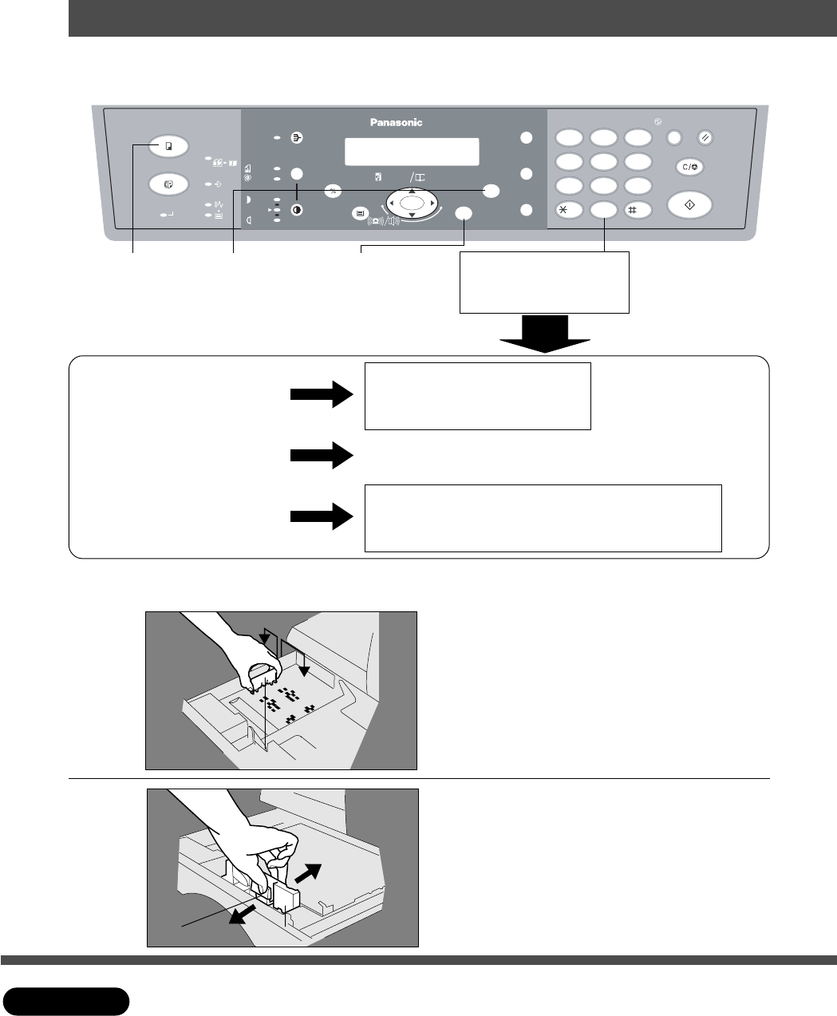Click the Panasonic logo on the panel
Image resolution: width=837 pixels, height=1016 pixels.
396,122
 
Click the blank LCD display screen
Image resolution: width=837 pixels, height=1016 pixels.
412,151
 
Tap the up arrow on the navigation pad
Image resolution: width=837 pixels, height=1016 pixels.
412,192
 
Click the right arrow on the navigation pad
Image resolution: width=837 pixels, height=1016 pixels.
432,204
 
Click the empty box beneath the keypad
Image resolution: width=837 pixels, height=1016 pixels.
544,283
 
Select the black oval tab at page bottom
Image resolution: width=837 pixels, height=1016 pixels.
66,1002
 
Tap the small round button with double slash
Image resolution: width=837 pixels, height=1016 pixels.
705,138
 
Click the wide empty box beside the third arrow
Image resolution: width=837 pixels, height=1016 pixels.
543,517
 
